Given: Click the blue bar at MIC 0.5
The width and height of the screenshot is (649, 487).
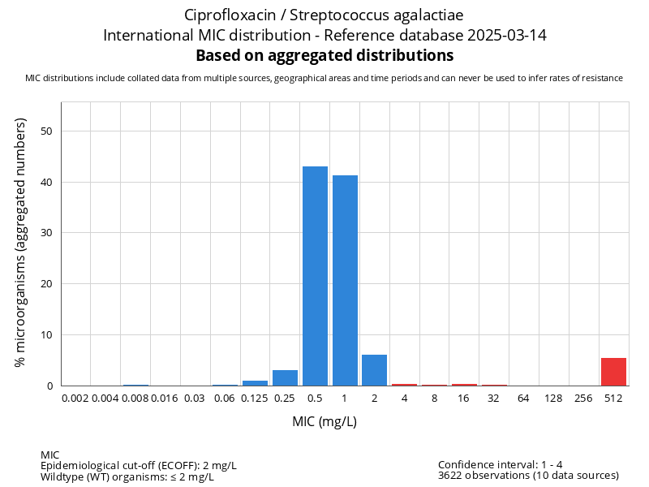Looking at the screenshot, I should pyautogui.click(x=315, y=276).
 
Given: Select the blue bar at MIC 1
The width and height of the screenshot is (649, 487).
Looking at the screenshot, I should pyautogui.click(x=345, y=280).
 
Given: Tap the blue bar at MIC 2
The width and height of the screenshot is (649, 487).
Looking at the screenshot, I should pyautogui.click(x=375, y=370).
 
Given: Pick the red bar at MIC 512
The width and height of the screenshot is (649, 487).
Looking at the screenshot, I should pyautogui.click(x=613, y=372).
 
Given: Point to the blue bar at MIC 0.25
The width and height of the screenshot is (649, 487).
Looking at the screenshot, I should pyautogui.click(x=285, y=377).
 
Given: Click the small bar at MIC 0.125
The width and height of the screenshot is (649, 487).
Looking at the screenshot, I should pyautogui.click(x=255, y=382).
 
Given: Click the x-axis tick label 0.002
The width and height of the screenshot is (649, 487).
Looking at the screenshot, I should pyautogui.click(x=75, y=399).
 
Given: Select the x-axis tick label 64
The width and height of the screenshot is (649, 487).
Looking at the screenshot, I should pyautogui.click(x=524, y=399).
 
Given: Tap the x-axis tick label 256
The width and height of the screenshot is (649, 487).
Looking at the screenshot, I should pyautogui.click(x=583, y=399).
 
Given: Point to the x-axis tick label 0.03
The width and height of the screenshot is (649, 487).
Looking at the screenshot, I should pyautogui.click(x=195, y=399).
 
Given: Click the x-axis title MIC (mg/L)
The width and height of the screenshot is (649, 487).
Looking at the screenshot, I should pyautogui.click(x=324, y=422).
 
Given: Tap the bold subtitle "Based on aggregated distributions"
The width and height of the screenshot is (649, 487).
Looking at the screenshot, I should pyautogui.click(x=324, y=55).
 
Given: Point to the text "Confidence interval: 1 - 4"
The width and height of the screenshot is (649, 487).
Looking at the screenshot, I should pyautogui.click(x=501, y=464).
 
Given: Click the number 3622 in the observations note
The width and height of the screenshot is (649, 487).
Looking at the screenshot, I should pyautogui.click(x=451, y=476).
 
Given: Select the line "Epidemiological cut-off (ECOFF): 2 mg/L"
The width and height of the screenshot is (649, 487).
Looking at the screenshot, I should pyautogui.click(x=139, y=465).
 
